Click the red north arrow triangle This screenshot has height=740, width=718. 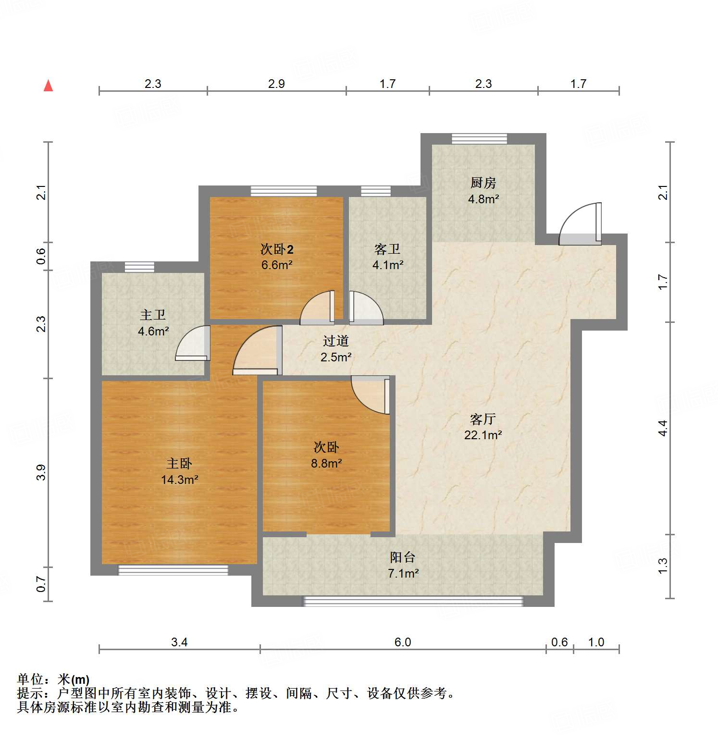[x=48, y=86]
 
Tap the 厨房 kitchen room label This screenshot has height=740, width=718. [x=483, y=183]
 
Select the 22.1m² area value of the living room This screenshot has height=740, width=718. [x=483, y=435]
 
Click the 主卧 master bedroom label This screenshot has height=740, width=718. [x=179, y=463]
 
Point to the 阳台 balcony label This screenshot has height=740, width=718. [x=403, y=557]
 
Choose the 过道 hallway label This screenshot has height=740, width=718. [x=335, y=341]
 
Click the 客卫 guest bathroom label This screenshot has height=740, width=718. [x=387, y=249]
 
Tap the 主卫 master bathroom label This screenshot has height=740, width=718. [x=153, y=315]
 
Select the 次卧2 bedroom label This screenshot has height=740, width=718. [x=277, y=249]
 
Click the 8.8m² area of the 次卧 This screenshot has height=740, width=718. [x=326, y=463]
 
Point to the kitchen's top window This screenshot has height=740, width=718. [x=479, y=139]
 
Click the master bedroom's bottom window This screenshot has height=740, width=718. [x=173, y=570]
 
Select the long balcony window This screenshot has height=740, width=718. [x=412, y=601]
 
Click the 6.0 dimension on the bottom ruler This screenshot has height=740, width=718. [x=402, y=642]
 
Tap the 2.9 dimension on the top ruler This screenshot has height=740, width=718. [x=276, y=84]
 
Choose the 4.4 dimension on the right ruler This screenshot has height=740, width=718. [x=663, y=428]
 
